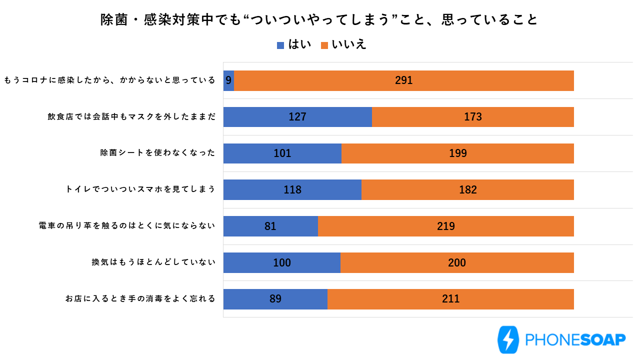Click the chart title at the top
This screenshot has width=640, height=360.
[x=319, y=19]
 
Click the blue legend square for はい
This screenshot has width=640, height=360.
[x=280, y=45]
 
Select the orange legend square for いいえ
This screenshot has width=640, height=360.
[x=324, y=45]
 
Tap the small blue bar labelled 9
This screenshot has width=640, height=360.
[x=228, y=80]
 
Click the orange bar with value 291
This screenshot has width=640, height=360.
[x=403, y=80]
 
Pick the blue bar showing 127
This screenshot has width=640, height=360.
[x=297, y=117]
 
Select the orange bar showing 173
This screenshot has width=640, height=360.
[x=472, y=117]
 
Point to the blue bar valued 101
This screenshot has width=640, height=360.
[x=282, y=153]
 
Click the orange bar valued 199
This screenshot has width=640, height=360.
[x=457, y=153]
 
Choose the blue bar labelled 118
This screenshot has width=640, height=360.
[x=292, y=190]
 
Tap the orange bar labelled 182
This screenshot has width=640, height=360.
[x=467, y=190]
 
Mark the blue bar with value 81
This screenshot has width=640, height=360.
[x=270, y=226]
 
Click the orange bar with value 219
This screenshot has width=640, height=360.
[x=445, y=226]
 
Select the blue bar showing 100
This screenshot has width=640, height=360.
[x=281, y=263]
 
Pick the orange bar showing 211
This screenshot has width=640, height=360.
[x=450, y=299]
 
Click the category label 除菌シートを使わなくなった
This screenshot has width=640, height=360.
[x=157, y=153]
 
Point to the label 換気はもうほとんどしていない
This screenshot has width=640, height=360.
[x=153, y=262]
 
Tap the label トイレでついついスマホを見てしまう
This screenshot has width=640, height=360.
[x=140, y=189]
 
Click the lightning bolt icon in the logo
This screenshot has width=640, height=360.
[x=508, y=340]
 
